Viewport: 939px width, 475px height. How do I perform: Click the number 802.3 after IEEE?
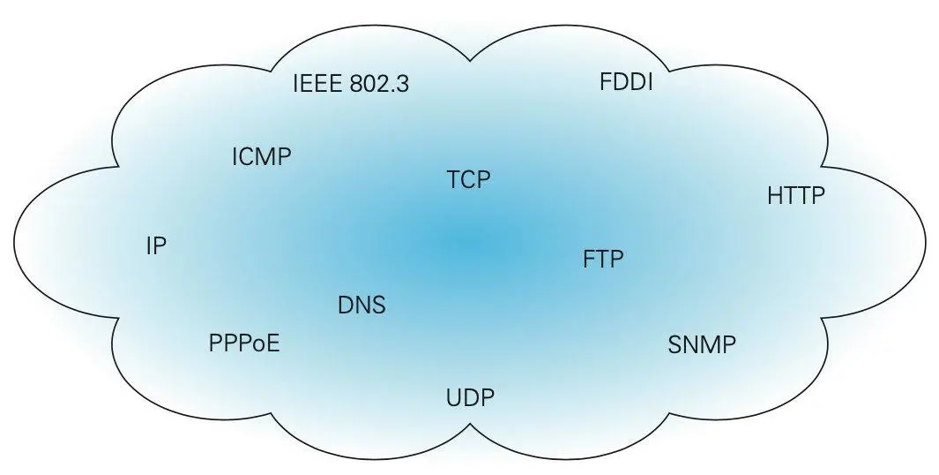[x=380, y=84]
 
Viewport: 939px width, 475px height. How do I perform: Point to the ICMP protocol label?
[x=261, y=157]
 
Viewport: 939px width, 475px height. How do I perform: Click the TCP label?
[x=468, y=180]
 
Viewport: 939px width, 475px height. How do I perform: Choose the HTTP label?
[x=796, y=195]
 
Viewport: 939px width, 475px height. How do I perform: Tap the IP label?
[x=156, y=246]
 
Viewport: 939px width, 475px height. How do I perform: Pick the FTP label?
[x=603, y=260]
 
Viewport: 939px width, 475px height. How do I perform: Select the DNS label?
[x=361, y=305]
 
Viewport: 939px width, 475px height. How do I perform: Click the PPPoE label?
[x=244, y=343]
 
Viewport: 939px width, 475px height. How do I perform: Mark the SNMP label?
[x=702, y=344]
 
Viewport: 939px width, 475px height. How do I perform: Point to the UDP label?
[x=470, y=397]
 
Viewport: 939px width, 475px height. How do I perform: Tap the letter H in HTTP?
[x=775, y=195]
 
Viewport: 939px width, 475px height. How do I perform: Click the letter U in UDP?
[x=453, y=397]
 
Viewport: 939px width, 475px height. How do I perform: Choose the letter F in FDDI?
[x=605, y=82]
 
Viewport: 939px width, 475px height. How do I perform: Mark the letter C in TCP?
[x=468, y=180]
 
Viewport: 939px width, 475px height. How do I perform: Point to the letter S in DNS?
[x=378, y=305]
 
